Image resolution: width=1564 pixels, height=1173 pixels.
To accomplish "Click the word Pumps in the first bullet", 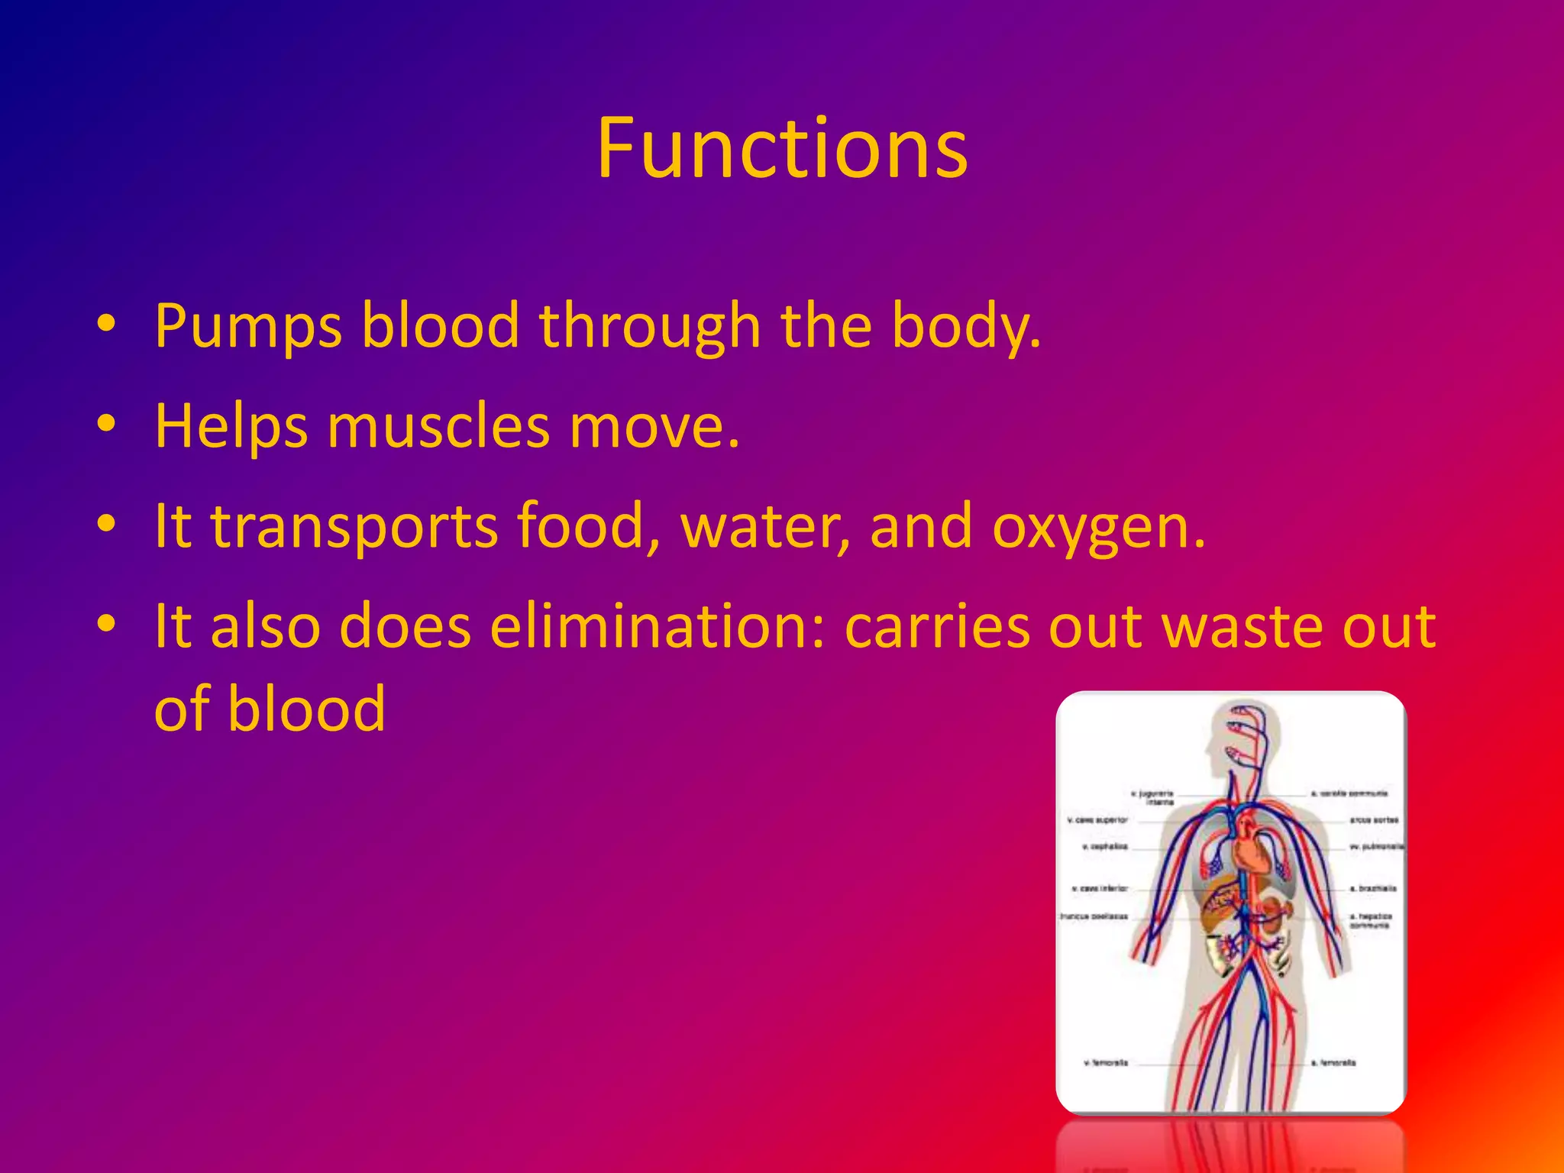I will coord(248,326).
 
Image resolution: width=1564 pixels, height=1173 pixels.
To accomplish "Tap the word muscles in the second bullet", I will coord(438,426).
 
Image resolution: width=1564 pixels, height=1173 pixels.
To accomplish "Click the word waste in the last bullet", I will coord(1241,627).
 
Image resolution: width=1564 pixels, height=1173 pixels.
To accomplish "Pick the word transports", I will coord(354,527).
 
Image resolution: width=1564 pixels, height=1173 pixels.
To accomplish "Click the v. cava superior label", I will coord(1097,820).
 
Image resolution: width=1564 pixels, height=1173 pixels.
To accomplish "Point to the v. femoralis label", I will coord(1106,1062).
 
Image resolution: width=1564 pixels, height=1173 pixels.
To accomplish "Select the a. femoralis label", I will coord(1333,1062).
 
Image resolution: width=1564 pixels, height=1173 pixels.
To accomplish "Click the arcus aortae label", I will coord(1374,820).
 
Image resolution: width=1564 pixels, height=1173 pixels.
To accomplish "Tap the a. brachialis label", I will coord(1373,888).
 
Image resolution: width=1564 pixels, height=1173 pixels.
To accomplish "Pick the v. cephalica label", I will coord(1105,847).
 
